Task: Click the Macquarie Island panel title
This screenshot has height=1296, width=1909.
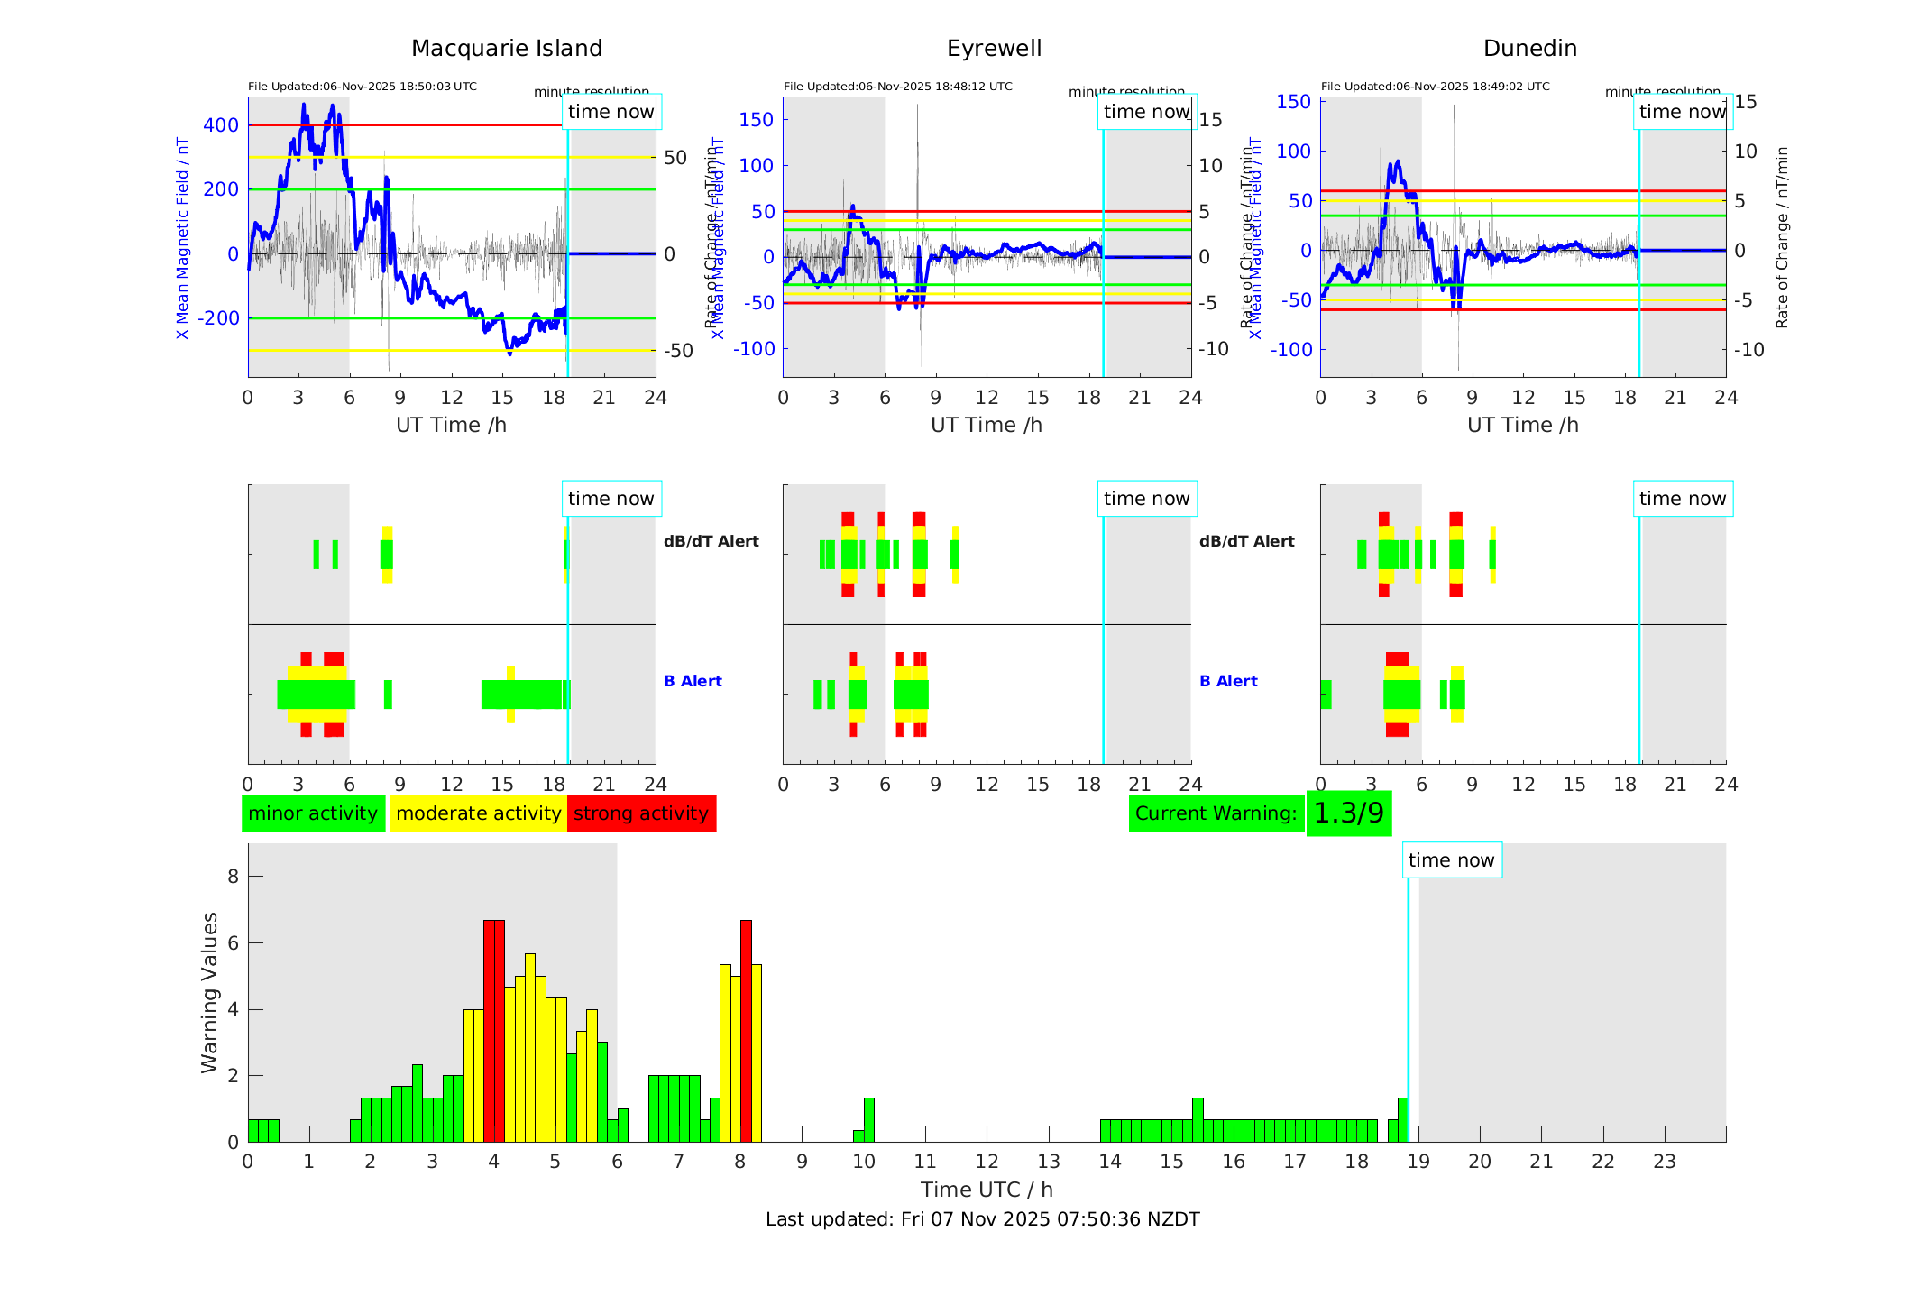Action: pos(506,49)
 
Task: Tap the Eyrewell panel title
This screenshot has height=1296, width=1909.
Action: pos(994,49)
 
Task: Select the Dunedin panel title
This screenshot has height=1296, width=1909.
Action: pos(1529,49)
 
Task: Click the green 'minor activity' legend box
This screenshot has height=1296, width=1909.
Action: pos(313,813)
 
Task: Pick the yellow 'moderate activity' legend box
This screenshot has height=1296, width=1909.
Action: pos(478,813)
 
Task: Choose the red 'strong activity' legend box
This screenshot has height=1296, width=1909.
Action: pos(641,813)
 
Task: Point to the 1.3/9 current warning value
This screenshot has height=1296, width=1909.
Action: pos(1348,813)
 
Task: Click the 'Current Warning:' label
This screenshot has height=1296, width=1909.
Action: pos(1216,813)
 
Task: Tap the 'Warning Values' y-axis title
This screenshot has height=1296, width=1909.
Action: pos(209,992)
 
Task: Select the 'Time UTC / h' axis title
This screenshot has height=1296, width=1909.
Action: pos(987,1190)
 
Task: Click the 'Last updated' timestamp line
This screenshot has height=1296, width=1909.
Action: pos(982,1219)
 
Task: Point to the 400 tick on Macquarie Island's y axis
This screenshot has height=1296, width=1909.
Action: pos(221,125)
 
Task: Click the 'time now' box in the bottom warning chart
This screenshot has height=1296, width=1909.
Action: pos(1451,860)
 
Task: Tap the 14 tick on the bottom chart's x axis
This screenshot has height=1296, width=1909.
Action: pos(1109,1162)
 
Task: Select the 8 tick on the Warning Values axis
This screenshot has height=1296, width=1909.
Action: pos(234,877)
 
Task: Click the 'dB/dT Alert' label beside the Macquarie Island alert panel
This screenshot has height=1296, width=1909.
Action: pos(711,541)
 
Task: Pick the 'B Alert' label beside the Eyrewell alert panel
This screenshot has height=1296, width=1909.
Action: pos(1228,681)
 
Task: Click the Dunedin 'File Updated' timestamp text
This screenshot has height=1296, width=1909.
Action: pos(1435,87)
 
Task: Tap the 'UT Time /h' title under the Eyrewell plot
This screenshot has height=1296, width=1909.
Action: pos(987,425)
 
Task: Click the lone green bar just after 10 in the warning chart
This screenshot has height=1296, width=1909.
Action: pos(868,1120)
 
